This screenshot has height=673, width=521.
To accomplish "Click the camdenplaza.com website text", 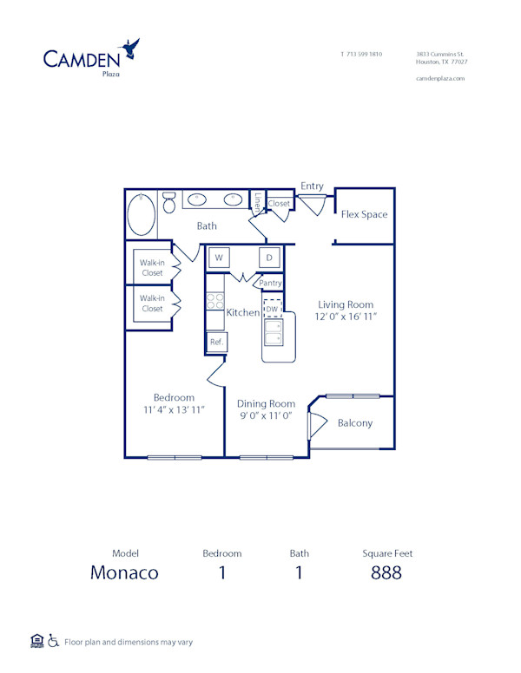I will (x=441, y=78).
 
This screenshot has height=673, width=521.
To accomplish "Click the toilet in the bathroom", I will (x=169, y=202).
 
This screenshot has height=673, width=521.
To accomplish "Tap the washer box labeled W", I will (x=219, y=258).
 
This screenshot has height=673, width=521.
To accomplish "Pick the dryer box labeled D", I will (x=269, y=258).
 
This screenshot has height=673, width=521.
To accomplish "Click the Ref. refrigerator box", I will (x=216, y=343).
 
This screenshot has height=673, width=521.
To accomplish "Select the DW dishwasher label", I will (x=272, y=309).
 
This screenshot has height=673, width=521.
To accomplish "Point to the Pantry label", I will (x=270, y=283).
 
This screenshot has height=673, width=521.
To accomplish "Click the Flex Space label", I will (x=364, y=214).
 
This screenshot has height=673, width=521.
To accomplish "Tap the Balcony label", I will (x=355, y=423).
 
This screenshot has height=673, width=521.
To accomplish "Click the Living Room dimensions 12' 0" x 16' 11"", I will (x=346, y=317).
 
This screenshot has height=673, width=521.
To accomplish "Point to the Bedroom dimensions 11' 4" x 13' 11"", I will (x=175, y=409).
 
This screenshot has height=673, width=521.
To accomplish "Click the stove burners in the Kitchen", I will (x=214, y=302).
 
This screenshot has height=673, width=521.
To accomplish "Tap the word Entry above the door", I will (x=312, y=186).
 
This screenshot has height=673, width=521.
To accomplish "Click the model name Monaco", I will (x=125, y=572).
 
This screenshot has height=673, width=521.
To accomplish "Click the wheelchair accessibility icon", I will (x=54, y=642).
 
